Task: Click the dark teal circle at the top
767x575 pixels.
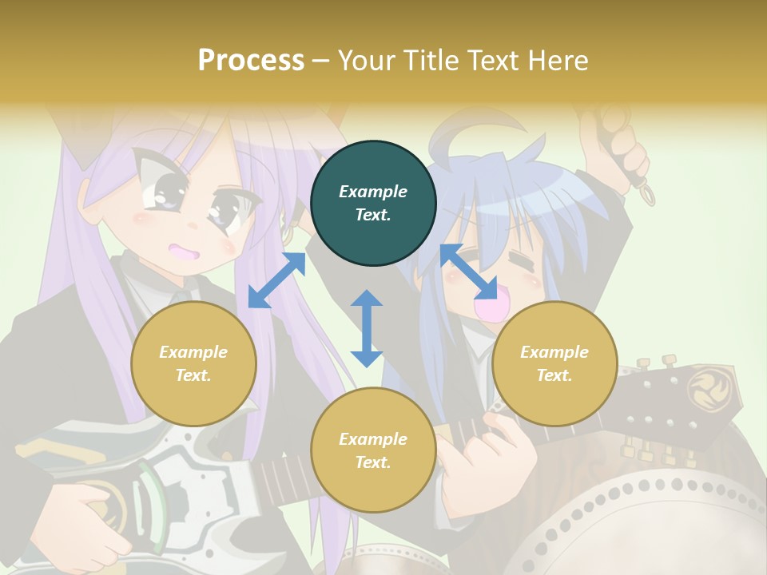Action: (x=373, y=204)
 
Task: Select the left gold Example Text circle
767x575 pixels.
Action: (x=193, y=363)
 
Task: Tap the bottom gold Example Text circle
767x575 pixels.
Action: (x=373, y=450)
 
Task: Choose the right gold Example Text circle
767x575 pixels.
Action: (x=554, y=363)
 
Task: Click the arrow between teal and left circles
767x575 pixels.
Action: (x=276, y=280)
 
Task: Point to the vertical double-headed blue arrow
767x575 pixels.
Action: (x=367, y=328)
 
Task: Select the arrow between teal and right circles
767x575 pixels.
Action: (x=468, y=272)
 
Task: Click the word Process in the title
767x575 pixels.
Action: (x=251, y=60)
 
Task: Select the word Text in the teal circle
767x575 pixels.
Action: (x=372, y=215)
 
